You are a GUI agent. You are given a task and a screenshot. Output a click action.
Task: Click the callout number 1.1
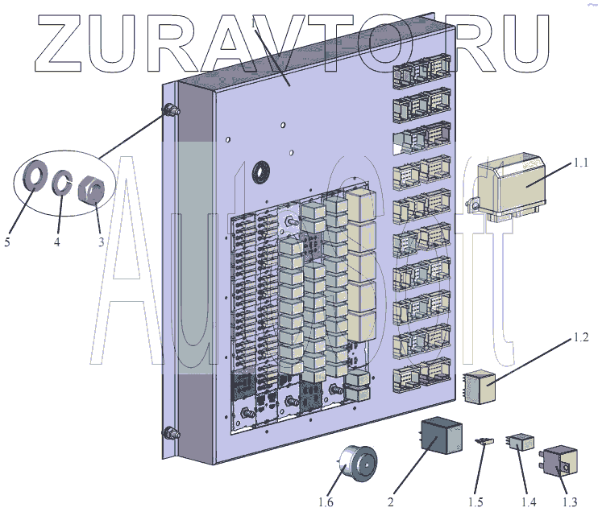coord(581,163)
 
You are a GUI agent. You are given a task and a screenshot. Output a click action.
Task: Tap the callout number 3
coord(100,241)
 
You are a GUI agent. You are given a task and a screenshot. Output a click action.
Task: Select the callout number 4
coord(57,241)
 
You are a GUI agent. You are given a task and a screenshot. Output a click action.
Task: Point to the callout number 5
coord(6,241)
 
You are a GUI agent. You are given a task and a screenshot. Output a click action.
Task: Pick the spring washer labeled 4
coord(61,184)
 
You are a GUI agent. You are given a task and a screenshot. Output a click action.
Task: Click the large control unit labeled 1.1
coord(513,187)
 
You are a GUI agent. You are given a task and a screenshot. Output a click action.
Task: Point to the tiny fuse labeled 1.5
coord(485,440)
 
